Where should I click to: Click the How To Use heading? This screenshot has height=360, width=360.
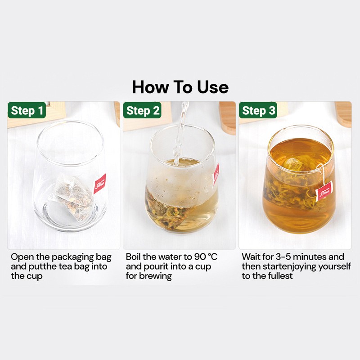pos(180,87)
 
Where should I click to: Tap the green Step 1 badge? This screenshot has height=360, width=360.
pos(27,111)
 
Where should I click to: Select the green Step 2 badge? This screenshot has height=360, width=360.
pos(143,111)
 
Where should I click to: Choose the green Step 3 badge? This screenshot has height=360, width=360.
pos(259,111)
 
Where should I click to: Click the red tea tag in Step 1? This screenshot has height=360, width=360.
pos(99,184)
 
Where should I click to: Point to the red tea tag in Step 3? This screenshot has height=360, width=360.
pos(324,191)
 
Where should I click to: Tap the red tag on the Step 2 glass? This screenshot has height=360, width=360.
pos(216,175)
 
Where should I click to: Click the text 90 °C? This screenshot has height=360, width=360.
pos(206,257)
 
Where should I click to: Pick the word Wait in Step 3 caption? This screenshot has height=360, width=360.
pos(251,257)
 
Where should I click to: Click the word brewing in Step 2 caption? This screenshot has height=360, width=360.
pos(156,276)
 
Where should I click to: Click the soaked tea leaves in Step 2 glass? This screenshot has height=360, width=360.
pos(173,216)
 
